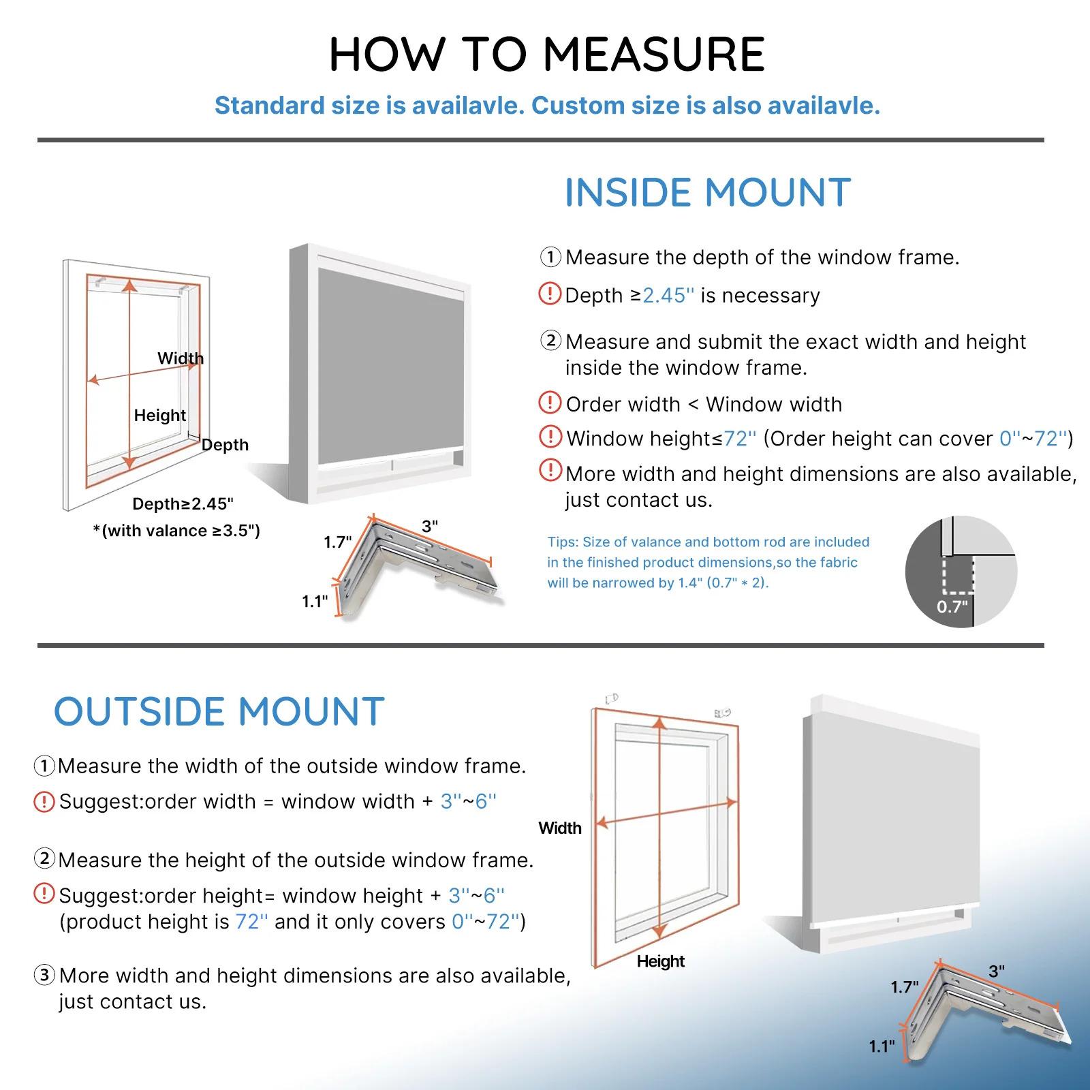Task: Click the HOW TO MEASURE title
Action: (x=547, y=54)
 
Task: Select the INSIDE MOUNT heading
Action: (x=708, y=193)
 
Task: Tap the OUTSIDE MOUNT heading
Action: (x=219, y=712)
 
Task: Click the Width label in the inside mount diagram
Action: (x=180, y=358)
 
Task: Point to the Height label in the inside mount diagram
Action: (x=159, y=416)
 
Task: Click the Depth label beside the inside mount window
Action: (x=225, y=445)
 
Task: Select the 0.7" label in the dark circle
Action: (x=952, y=606)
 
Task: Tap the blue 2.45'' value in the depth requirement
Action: (x=668, y=296)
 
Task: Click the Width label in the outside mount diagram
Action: (x=560, y=828)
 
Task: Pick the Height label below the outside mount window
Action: (x=660, y=961)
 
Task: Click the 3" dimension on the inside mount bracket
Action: (x=430, y=527)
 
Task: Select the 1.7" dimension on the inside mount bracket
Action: (x=337, y=542)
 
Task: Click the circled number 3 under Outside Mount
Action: (x=44, y=976)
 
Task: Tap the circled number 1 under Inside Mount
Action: (x=550, y=258)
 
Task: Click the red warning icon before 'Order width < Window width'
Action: (x=550, y=403)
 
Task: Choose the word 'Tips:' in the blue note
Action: (x=563, y=542)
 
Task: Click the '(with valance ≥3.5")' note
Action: (x=176, y=531)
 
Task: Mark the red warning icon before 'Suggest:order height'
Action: (x=44, y=894)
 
